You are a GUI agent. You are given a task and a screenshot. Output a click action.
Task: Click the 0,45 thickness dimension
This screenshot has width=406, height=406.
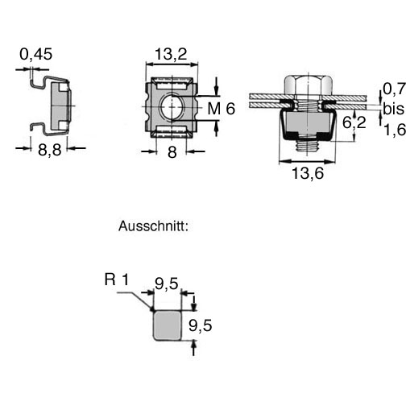click(36, 54)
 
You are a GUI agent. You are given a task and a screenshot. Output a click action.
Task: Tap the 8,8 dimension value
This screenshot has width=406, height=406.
click(50, 150)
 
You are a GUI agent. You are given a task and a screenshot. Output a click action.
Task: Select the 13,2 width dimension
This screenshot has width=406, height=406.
click(171, 54)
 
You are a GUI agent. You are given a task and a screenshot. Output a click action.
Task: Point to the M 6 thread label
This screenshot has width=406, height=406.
click(222, 109)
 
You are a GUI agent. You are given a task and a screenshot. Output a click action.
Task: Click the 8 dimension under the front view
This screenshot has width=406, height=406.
click(172, 152)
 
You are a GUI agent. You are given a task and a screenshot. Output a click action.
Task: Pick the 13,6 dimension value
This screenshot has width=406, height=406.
click(308, 173)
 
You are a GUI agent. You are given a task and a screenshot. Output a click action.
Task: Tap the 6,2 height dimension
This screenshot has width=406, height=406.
click(354, 122)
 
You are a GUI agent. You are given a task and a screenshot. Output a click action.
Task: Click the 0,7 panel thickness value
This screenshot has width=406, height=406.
click(394, 89)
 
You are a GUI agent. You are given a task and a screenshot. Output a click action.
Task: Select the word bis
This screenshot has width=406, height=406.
click(394, 109)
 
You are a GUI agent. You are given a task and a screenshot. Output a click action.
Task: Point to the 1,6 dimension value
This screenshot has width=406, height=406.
click(395, 130)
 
